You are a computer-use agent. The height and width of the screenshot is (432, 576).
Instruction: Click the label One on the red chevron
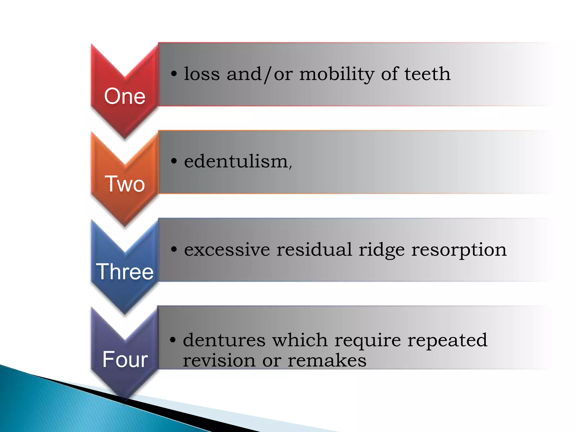click(x=125, y=96)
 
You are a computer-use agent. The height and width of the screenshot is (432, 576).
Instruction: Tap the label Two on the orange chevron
click(x=125, y=184)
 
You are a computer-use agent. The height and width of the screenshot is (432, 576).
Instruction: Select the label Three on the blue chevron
click(x=125, y=272)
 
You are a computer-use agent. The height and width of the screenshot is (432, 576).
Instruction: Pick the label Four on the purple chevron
click(x=125, y=359)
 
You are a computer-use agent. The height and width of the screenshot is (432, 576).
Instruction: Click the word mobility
click(x=337, y=74)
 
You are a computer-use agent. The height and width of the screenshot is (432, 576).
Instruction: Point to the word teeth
click(x=427, y=74)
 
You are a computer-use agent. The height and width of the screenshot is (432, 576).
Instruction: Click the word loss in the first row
click(x=202, y=74)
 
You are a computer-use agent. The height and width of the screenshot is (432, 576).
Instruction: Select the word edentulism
click(x=236, y=162)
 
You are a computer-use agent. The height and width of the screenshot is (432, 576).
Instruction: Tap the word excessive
click(x=227, y=250)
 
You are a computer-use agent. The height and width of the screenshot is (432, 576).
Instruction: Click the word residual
click(x=314, y=250)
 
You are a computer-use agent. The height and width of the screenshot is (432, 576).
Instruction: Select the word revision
click(x=219, y=361)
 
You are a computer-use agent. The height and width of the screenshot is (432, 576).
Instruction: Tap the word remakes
click(x=327, y=361)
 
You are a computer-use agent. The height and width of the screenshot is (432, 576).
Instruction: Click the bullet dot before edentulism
click(x=174, y=161)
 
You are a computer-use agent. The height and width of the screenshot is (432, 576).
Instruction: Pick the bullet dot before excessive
click(x=174, y=249)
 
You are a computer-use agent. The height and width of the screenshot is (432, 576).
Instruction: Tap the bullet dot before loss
click(x=174, y=74)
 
